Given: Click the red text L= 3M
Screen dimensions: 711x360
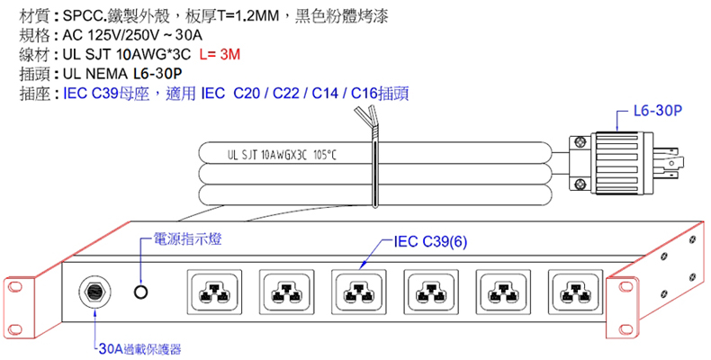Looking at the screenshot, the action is click(x=220, y=54).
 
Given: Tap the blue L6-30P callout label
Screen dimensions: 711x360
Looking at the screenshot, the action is click(x=658, y=111).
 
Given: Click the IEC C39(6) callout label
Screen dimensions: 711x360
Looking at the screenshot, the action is click(x=430, y=242).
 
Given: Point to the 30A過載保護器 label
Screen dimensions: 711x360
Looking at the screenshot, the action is click(x=140, y=349).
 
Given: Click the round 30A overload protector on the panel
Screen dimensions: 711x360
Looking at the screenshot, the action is click(x=95, y=292).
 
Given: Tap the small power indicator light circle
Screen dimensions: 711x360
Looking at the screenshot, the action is click(x=141, y=292).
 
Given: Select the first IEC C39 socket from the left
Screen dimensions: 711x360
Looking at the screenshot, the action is click(x=213, y=292).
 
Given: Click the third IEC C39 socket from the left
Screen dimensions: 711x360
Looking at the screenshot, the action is click(x=358, y=292).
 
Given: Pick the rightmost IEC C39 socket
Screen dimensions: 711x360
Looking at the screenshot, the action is click(x=575, y=292).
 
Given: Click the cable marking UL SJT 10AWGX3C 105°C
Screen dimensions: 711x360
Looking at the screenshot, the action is click(x=282, y=156).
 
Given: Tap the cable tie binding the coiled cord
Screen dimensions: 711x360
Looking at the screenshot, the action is click(x=374, y=172).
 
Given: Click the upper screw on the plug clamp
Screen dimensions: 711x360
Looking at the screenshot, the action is click(x=580, y=142).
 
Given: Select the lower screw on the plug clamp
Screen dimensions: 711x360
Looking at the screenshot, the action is click(x=580, y=184).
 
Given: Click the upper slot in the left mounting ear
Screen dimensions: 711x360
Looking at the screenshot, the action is click(x=15, y=286).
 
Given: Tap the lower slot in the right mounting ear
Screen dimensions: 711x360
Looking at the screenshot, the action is click(x=626, y=328).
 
